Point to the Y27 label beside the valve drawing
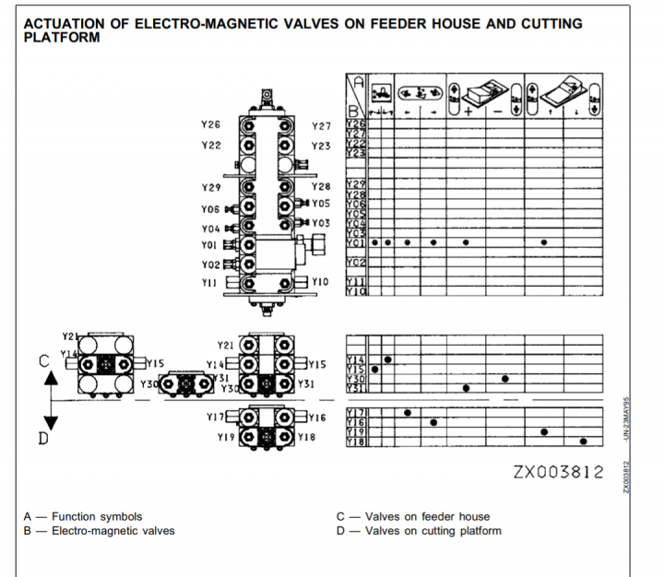(x=321, y=126)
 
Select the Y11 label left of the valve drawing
(x=210, y=283)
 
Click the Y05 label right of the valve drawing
(x=320, y=203)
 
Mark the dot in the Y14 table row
(x=388, y=359)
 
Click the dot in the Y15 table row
(x=374, y=370)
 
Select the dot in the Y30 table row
(x=505, y=379)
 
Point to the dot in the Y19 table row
(x=545, y=431)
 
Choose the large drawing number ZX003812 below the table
(x=558, y=473)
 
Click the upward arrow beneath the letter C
(x=52, y=375)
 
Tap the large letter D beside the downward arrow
(x=42, y=439)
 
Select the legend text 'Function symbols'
(x=97, y=517)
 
